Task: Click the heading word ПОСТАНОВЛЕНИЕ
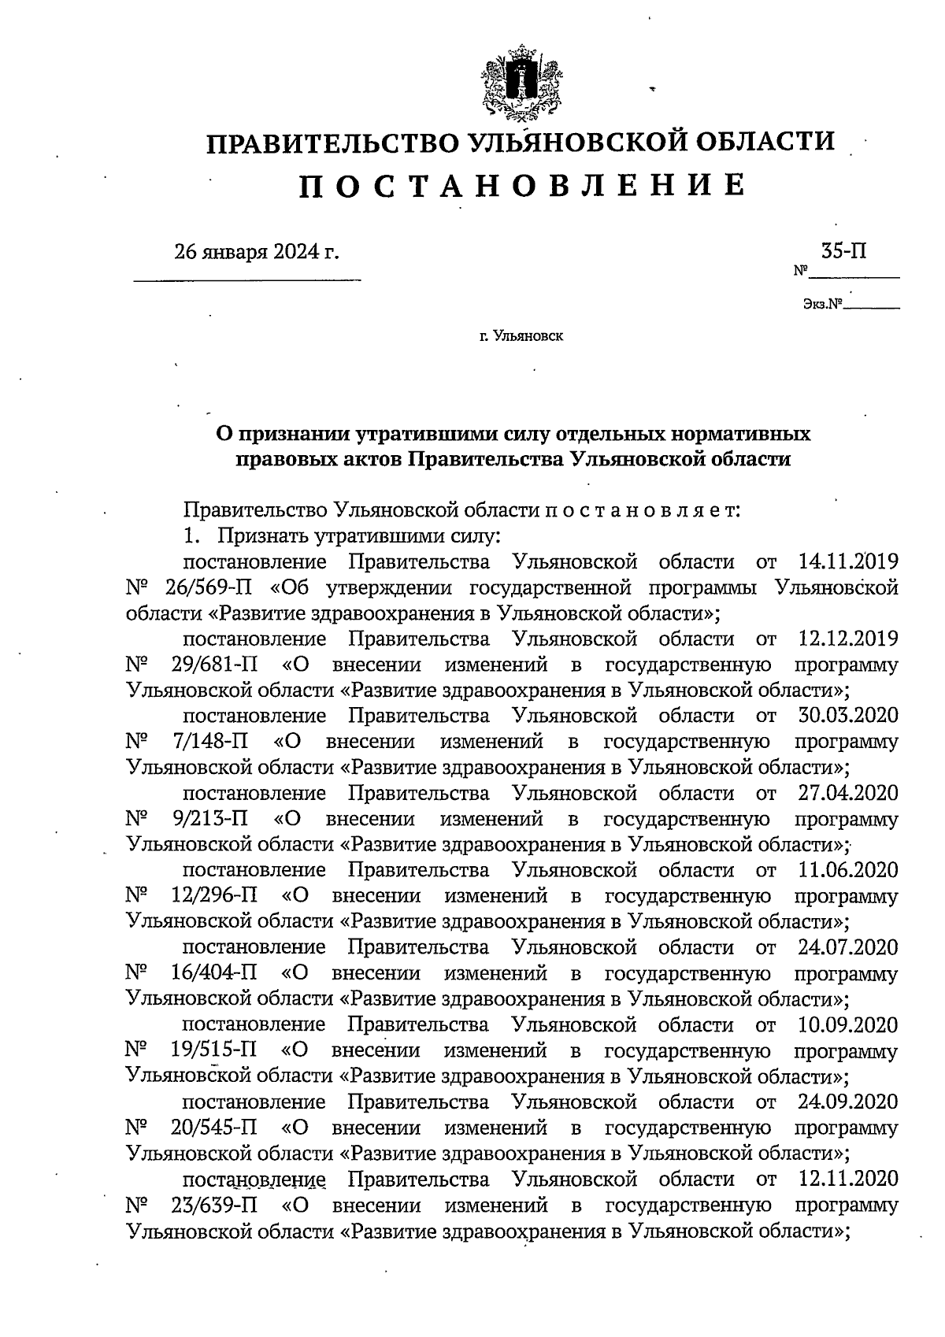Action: tap(521, 186)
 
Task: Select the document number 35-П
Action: tap(843, 252)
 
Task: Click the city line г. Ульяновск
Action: tap(521, 336)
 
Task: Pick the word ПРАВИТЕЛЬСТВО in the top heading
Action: tap(331, 143)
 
